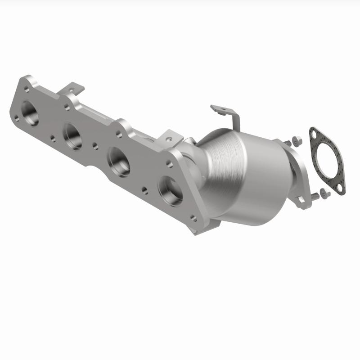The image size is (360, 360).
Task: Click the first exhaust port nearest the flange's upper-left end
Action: [x=29, y=113]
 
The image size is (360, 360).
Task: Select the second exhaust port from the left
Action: [x=72, y=135]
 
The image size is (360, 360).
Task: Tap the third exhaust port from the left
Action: [x=119, y=162]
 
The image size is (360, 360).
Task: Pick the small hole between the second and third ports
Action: [x=95, y=145]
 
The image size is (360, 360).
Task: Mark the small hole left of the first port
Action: [x=17, y=118]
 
